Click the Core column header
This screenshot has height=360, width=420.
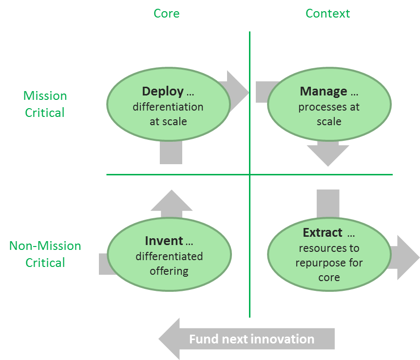coord(166,13)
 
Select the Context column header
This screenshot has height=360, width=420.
coord(327,13)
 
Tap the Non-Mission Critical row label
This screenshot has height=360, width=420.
coord(45,254)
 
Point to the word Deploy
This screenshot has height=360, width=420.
coord(163,92)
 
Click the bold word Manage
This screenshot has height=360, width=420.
coord(324,92)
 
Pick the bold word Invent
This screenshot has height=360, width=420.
coord(164,241)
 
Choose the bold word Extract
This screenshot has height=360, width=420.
coord(323,233)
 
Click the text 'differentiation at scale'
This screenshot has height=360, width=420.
coord(168,114)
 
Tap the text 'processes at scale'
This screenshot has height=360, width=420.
coord(329,114)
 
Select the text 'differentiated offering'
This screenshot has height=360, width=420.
coord(169,263)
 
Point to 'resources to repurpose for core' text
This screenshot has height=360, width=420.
coord(329,263)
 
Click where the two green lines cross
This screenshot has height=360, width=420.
coord(249,174)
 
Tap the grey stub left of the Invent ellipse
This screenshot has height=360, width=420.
coord(104,264)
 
